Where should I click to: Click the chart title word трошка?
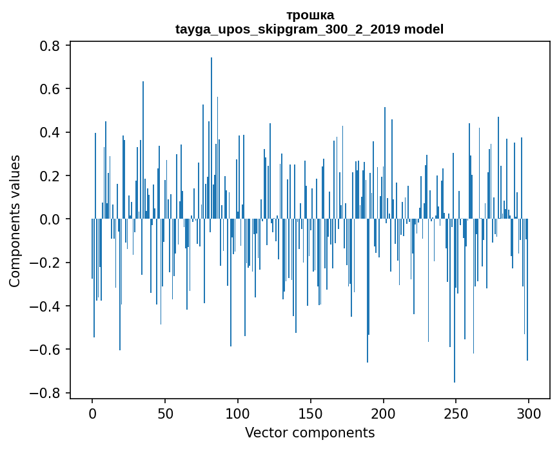click(309, 15)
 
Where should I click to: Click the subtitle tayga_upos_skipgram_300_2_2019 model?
click(309, 29)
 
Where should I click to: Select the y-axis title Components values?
click(15, 221)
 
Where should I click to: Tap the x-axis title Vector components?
click(309, 432)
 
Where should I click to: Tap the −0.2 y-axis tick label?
click(45, 263)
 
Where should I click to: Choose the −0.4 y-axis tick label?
click(45, 306)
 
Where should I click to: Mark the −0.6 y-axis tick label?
click(45, 350)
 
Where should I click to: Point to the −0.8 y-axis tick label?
click(45, 393)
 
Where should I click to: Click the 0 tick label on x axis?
click(92, 413)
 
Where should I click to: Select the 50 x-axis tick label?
click(165, 413)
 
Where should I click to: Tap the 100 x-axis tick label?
click(238, 413)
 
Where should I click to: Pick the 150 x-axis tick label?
click(311, 413)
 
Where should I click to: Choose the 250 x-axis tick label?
click(456, 413)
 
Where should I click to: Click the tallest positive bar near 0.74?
click(211, 129)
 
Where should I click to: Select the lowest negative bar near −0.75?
click(455, 310)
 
